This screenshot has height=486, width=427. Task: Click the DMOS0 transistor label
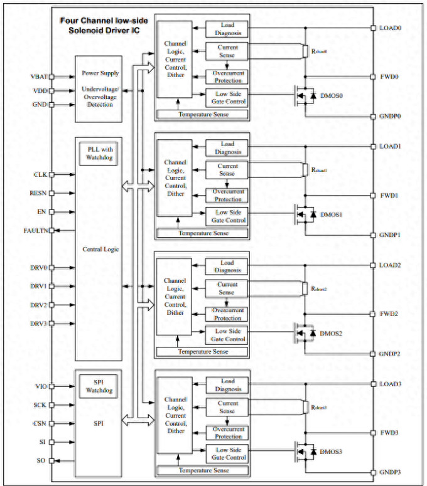332,96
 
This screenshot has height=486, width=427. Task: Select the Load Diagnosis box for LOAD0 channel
227,29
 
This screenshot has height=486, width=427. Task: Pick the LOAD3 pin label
390,384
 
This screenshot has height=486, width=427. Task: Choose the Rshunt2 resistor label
319,289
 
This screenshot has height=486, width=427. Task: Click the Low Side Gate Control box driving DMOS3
227,453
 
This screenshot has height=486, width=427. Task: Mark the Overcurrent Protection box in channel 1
227,195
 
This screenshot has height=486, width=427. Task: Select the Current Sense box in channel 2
227,288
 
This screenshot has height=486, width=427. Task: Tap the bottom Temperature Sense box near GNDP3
203,470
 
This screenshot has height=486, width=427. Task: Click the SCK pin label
40,405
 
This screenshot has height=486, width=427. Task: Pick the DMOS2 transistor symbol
305,332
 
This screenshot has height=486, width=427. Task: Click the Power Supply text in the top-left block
100,73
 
